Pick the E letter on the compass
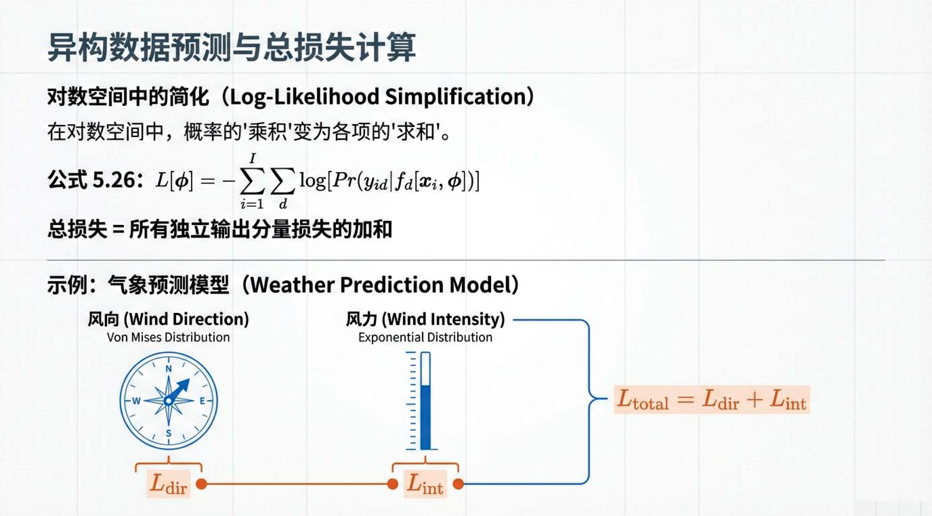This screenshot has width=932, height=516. [202, 401]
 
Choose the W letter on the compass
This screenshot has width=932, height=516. [136, 401]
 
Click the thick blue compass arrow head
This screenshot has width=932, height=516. [185, 385]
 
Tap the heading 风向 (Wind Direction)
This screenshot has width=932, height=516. [168, 319]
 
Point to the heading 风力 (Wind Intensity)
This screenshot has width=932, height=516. [425, 319]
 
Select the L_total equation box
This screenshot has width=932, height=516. [712, 400]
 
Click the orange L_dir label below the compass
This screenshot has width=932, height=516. [168, 483]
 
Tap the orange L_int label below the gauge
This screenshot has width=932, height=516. [425, 483]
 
